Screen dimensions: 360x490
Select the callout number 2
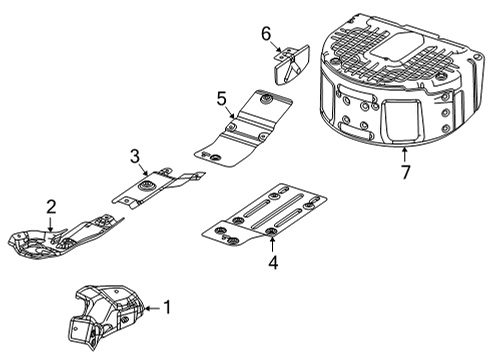(x=50, y=207)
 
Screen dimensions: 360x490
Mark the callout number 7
(x=405, y=173)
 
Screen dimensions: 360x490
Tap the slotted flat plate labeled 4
(x=265, y=215)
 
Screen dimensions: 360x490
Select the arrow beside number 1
(x=150, y=309)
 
